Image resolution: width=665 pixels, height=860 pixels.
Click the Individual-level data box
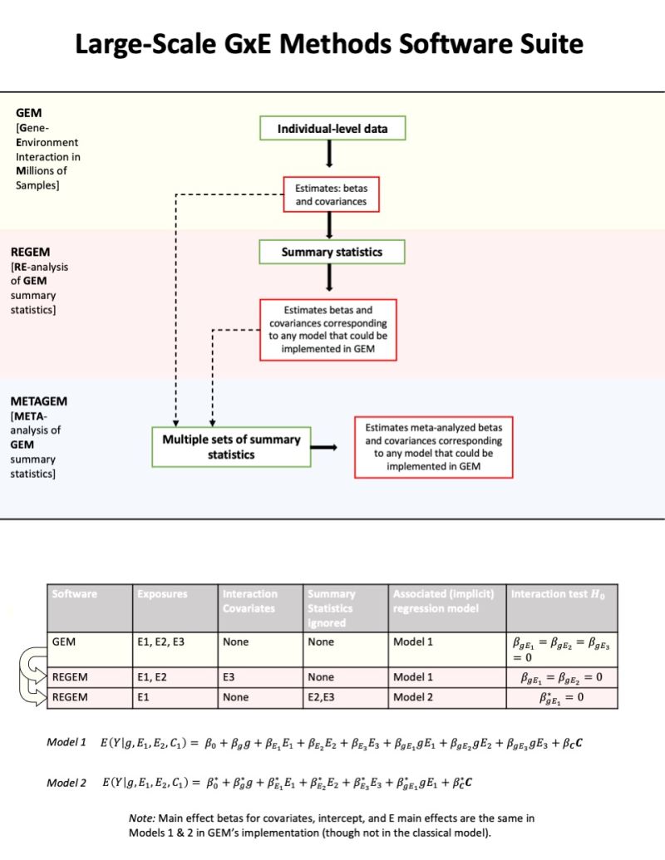[x=332, y=129]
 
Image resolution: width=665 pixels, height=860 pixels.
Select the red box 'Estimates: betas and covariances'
[x=331, y=194]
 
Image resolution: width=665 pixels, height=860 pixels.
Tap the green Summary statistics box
[x=332, y=252]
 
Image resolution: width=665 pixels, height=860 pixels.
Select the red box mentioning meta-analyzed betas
[x=433, y=447]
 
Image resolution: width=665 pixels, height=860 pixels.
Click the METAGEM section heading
[x=38, y=401]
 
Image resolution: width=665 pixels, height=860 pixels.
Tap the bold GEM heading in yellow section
[x=29, y=111]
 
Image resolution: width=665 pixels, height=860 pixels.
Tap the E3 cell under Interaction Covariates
[x=231, y=678]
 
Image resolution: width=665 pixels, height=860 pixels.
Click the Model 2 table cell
[x=413, y=697]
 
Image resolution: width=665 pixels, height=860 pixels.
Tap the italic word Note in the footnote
[x=143, y=818]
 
